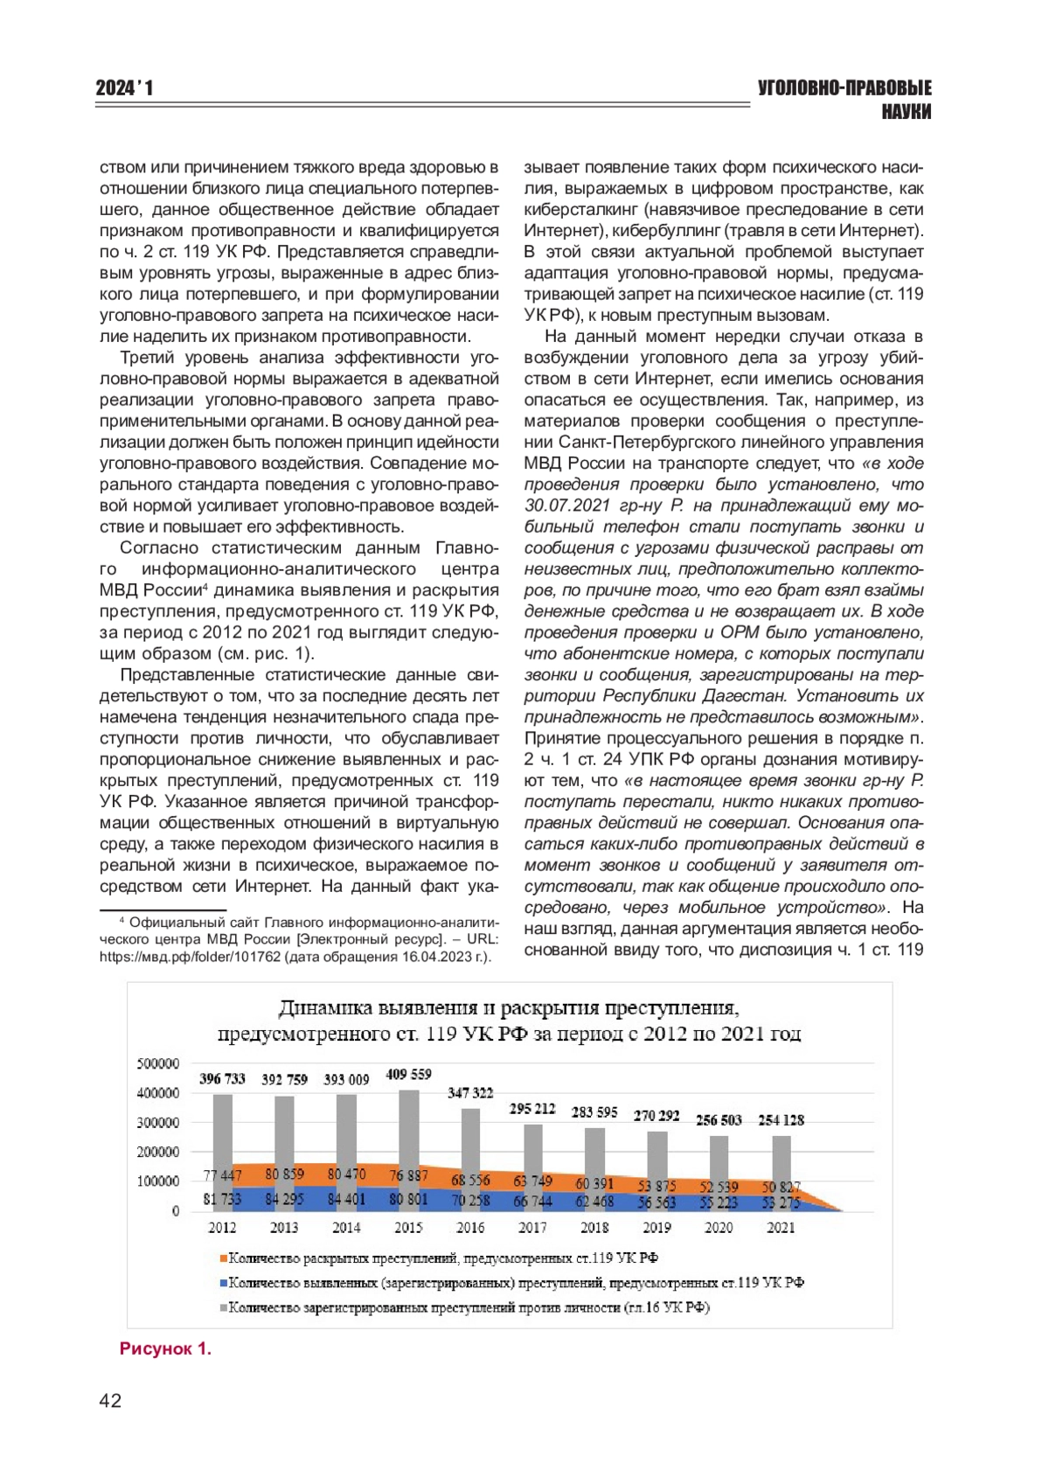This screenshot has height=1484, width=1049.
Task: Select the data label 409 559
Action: coord(408,1074)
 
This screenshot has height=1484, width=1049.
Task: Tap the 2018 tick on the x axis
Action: coord(594,1227)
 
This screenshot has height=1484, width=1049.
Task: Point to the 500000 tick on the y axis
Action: coord(158,1063)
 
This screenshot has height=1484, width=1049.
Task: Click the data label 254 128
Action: coord(781,1119)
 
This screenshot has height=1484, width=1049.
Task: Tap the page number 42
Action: coord(110,1401)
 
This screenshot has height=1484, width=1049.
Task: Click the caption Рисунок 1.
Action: coord(165,1348)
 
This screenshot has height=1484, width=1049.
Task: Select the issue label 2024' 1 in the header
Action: coord(124,88)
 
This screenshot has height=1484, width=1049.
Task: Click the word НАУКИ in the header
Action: coord(907,112)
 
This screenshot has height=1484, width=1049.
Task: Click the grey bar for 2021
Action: coord(781,1154)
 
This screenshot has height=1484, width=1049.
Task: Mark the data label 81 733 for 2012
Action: coord(222,1199)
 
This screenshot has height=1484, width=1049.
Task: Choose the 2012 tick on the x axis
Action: coord(222,1227)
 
